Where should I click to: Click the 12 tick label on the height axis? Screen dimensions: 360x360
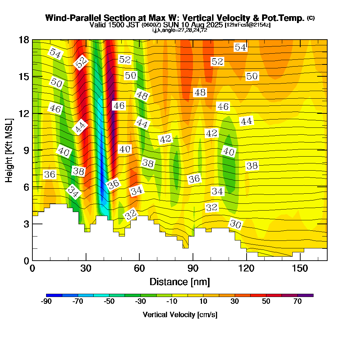tap(23, 113)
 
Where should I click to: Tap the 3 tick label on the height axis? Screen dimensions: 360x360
tap(26, 224)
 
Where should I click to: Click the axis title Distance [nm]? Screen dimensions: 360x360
tap(180, 282)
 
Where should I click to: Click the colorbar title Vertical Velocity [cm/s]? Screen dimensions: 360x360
tap(180, 315)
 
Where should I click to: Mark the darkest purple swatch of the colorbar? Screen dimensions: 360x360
tap(305, 295)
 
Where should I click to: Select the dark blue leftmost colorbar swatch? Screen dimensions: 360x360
tap(54, 295)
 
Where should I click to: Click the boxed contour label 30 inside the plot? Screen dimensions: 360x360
tap(235, 224)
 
